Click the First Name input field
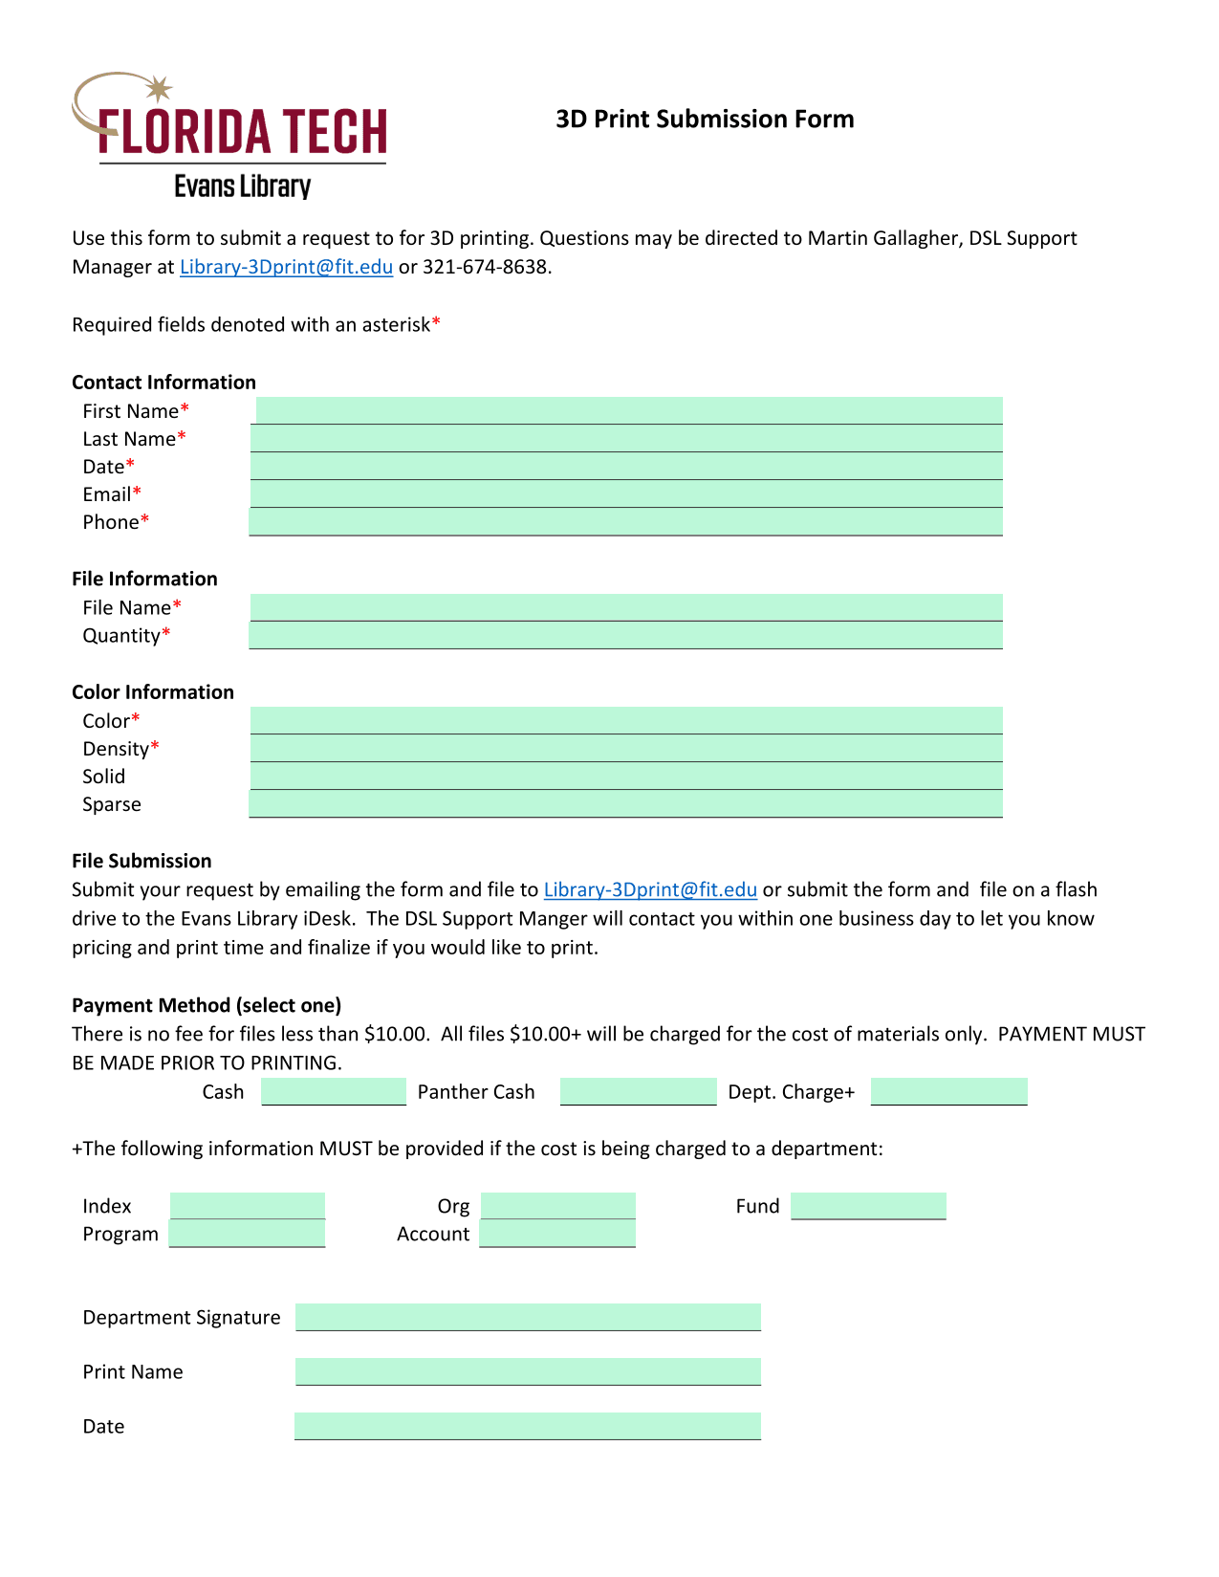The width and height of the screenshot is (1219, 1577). click(x=628, y=411)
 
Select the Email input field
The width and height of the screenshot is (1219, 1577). click(x=626, y=494)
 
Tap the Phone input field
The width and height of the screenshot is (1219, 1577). click(x=626, y=522)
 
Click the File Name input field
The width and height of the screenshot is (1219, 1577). click(x=626, y=607)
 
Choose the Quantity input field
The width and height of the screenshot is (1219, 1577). click(x=626, y=635)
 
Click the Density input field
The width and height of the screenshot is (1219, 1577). click(x=626, y=749)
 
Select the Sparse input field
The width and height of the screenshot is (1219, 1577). click(x=626, y=804)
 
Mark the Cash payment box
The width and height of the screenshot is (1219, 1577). click(x=334, y=1092)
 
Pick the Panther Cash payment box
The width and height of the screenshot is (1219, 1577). click(x=638, y=1092)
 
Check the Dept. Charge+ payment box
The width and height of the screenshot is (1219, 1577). click(x=948, y=1092)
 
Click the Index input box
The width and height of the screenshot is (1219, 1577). click(x=248, y=1206)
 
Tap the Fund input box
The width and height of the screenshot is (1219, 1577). click(x=868, y=1206)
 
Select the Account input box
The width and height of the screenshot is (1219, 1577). click(x=557, y=1234)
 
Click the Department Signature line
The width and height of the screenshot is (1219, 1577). click(x=528, y=1317)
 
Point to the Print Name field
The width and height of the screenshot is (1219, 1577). click(x=528, y=1371)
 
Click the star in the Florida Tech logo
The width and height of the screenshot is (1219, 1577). click(x=159, y=89)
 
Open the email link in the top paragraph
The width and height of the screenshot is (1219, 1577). click(x=286, y=267)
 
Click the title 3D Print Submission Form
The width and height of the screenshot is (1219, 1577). click(x=705, y=120)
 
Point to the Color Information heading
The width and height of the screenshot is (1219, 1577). click(x=153, y=692)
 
